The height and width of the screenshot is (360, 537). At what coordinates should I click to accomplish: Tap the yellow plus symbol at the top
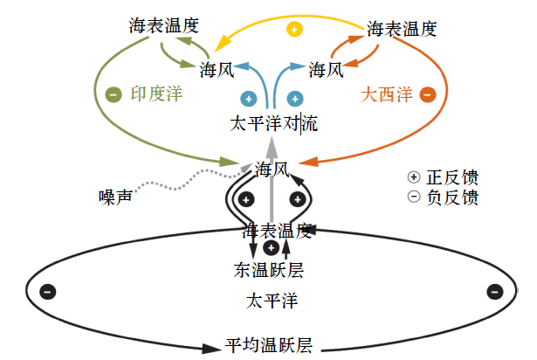pos(295,29)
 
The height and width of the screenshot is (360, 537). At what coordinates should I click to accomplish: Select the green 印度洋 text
pos(159,93)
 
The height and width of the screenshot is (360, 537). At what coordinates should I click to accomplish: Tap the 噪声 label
pos(115,197)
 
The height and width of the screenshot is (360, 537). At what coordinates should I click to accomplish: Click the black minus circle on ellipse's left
pos(48,291)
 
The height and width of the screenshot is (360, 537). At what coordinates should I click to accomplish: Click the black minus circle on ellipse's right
pos(493,291)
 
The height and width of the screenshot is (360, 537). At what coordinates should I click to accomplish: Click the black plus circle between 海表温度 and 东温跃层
pos(270,247)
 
